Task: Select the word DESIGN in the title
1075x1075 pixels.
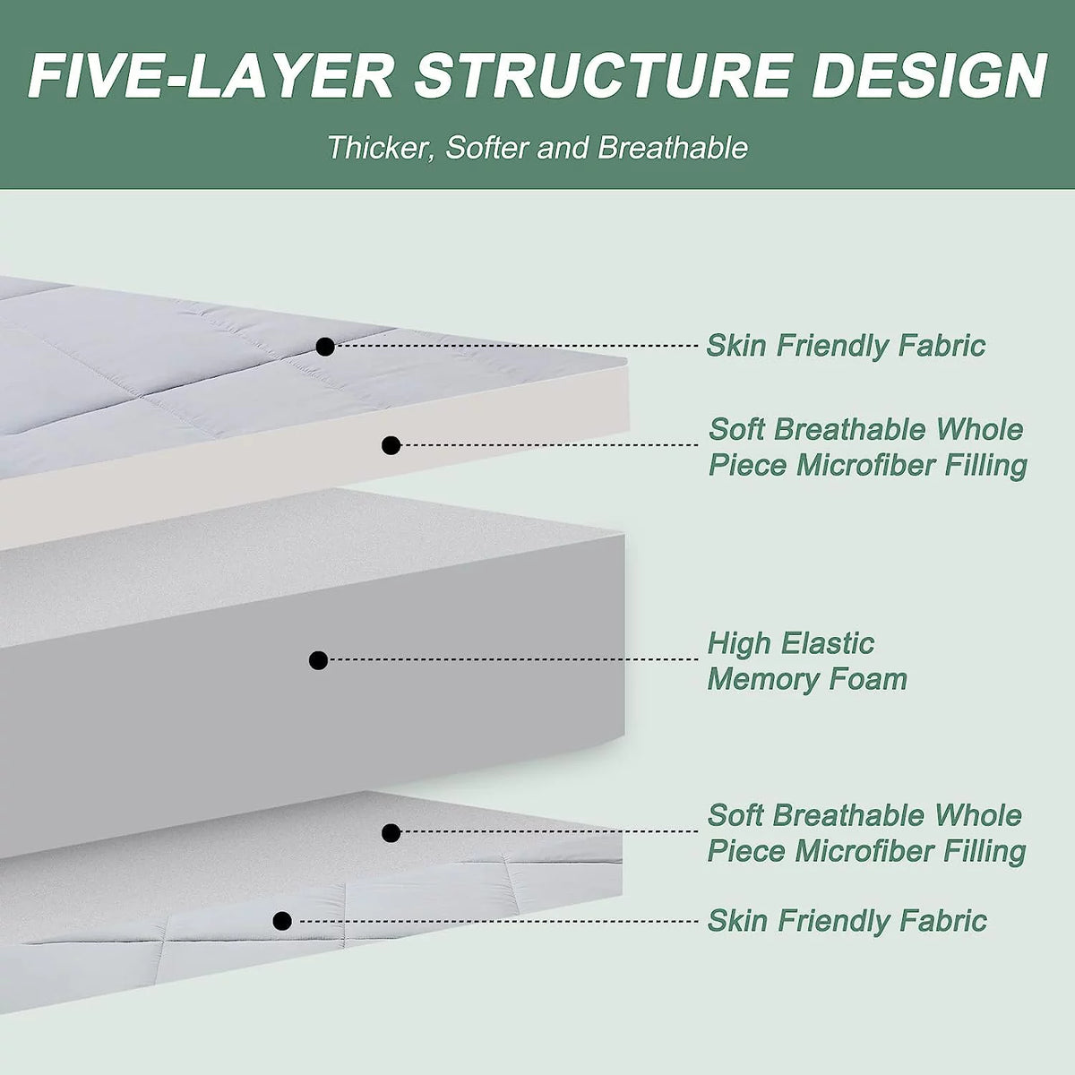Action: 929,76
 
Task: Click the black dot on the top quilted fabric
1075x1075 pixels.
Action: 325,347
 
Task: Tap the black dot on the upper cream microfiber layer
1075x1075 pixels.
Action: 391,445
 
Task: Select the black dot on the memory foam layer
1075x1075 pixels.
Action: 318,660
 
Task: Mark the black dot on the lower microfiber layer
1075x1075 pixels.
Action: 391,833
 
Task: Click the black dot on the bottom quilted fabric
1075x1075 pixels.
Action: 282,921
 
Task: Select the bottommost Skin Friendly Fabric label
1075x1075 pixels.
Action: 847,921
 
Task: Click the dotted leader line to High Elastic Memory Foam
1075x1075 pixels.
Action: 513,659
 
